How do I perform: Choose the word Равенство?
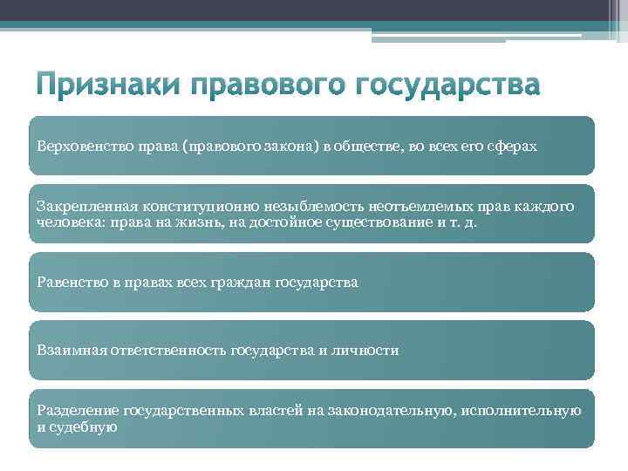click(x=70, y=282)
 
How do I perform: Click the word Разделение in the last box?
click(x=76, y=411)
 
